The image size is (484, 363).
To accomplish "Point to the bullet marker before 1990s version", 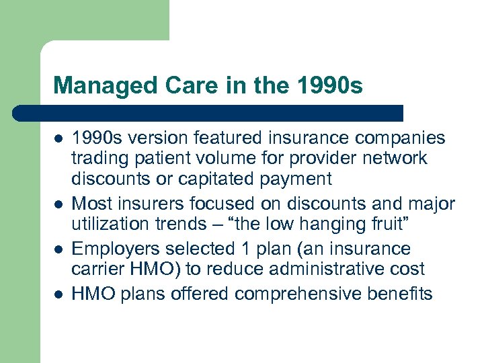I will [58, 139].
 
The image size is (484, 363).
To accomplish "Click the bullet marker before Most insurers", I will [58, 204].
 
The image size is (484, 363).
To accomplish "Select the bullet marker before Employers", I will [58, 249].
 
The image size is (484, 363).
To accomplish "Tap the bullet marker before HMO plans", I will [58, 294].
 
